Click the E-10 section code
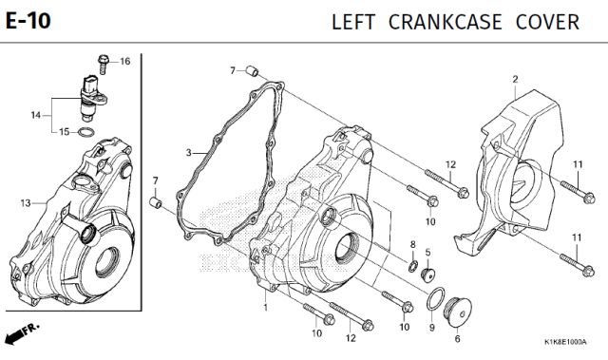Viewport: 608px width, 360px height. [x=28, y=21]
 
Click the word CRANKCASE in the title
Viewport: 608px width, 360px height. [x=446, y=22]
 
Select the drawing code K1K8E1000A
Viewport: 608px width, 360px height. [x=565, y=342]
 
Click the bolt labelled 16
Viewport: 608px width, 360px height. [x=104, y=65]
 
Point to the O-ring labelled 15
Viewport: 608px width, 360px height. [x=86, y=132]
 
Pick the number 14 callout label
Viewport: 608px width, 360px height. [x=36, y=115]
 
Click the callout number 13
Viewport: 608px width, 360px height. [x=26, y=203]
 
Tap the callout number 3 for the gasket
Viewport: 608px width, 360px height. [x=188, y=153]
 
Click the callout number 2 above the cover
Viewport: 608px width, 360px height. [x=515, y=80]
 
